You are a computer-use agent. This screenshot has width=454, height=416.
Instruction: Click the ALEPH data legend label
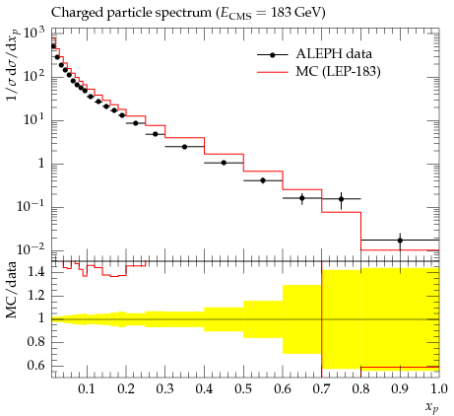[x=334, y=54]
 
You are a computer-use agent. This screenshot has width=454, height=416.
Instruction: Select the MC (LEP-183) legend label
[x=338, y=71]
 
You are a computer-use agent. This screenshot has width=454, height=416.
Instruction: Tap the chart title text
[x=188, y=13]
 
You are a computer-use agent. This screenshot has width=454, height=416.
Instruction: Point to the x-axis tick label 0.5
[x=243, y=389]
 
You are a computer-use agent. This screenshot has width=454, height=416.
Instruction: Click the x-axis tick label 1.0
[x=439, y=389]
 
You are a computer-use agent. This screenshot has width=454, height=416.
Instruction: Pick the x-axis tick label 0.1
[x=87, y=389]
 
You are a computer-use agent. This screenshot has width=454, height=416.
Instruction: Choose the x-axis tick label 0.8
[x=361, y=389]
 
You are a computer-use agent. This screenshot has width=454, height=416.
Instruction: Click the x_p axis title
[x=432, y=407]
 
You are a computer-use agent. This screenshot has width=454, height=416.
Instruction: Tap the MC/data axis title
[x=12, y=290]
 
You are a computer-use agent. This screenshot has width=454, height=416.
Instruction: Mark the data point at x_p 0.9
[x=400, y=241]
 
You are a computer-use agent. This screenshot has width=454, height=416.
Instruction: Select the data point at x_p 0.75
[x=342, y=199]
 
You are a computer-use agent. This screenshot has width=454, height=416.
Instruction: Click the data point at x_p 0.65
[x=302, y=198]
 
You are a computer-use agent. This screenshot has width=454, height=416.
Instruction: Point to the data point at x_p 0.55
[x=263, y=180]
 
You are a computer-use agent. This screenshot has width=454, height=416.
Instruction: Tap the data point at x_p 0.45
[x=224, y=163]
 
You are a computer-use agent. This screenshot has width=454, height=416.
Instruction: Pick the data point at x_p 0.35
[x=184, y=147]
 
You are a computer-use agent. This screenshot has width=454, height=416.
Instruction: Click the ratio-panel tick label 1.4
[x=36, y=273]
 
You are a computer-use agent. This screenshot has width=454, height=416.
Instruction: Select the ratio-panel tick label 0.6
[x=36, y=366]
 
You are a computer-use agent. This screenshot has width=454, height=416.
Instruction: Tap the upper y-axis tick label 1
[x=41, y=164]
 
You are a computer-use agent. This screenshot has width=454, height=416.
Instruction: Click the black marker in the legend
[x=272, y=55]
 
